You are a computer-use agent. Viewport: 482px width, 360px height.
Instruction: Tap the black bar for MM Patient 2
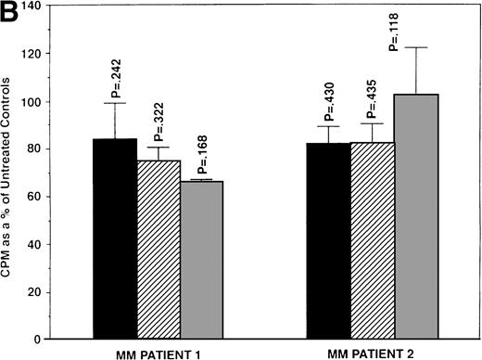pyautogui.click(x=328, y=240)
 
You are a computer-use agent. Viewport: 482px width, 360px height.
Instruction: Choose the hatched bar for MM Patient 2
pyautogui.click(x=373, y=240)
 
